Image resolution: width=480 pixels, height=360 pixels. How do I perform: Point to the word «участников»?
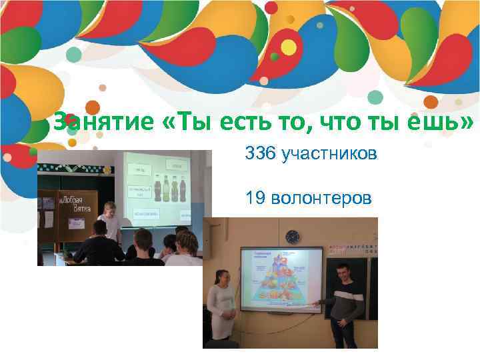pyautogui.click(x=329, y=155)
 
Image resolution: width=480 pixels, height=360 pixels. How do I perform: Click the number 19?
pyautogui.click(x=255, y=198)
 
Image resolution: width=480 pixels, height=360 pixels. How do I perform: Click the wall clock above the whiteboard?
pyautogui.click(x=292, y=237)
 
